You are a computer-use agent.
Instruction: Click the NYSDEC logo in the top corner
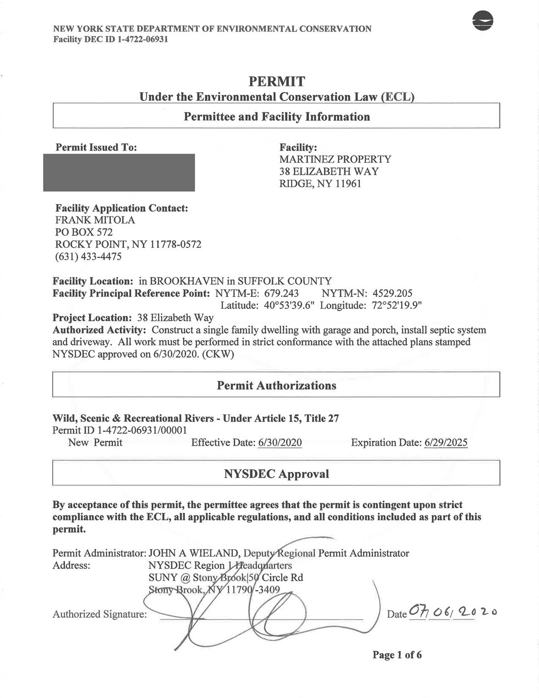pos(483,21)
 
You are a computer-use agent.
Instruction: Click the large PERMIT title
pos(277,82)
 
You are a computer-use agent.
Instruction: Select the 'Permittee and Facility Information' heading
pos(277,117)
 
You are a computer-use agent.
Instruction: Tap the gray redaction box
pos(119,173)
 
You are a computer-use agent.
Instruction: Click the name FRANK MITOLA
pos(95,220)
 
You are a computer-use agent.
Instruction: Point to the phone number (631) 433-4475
pos(88,256)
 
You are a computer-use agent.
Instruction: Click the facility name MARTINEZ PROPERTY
pos(335,160)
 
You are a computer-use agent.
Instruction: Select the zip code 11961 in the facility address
pos(348,184)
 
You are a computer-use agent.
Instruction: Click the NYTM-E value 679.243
pos(282,293)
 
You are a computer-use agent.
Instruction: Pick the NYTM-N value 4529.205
pos(392,293)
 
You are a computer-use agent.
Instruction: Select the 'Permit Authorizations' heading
pos(277,385)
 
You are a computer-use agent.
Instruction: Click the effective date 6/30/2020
pos(280,443)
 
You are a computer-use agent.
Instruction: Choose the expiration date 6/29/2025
pos(446,443)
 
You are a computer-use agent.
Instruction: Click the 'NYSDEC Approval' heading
pos(277,474)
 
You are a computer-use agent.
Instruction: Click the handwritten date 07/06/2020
pos(452,613)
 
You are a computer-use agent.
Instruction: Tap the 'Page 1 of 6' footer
pos(397,655)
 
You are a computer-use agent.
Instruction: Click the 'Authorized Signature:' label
pos(99,614)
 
